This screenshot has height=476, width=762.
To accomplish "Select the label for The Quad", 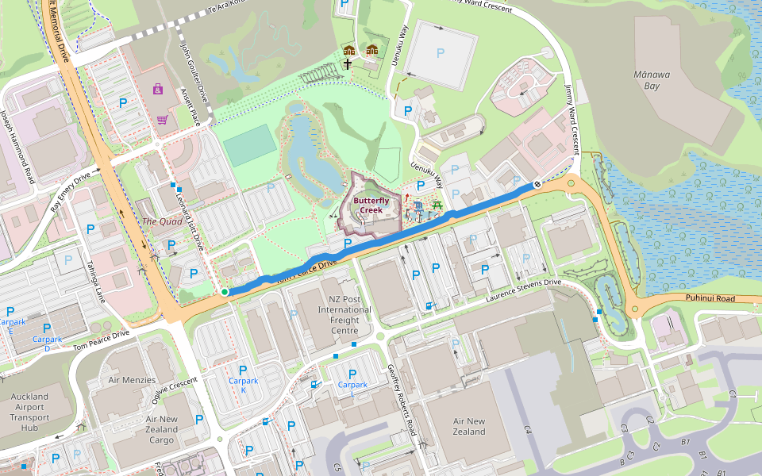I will point(162,221).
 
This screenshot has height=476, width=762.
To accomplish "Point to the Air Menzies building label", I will point(132,380).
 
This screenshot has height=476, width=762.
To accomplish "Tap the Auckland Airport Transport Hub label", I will point(30,412).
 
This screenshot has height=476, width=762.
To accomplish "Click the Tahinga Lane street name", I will point(96,283).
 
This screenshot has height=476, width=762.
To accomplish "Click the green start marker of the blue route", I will point(225,293).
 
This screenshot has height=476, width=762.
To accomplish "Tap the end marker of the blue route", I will point(537,184).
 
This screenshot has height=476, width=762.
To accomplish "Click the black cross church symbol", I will point(347,63).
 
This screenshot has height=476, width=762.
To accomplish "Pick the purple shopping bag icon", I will point(157,89).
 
